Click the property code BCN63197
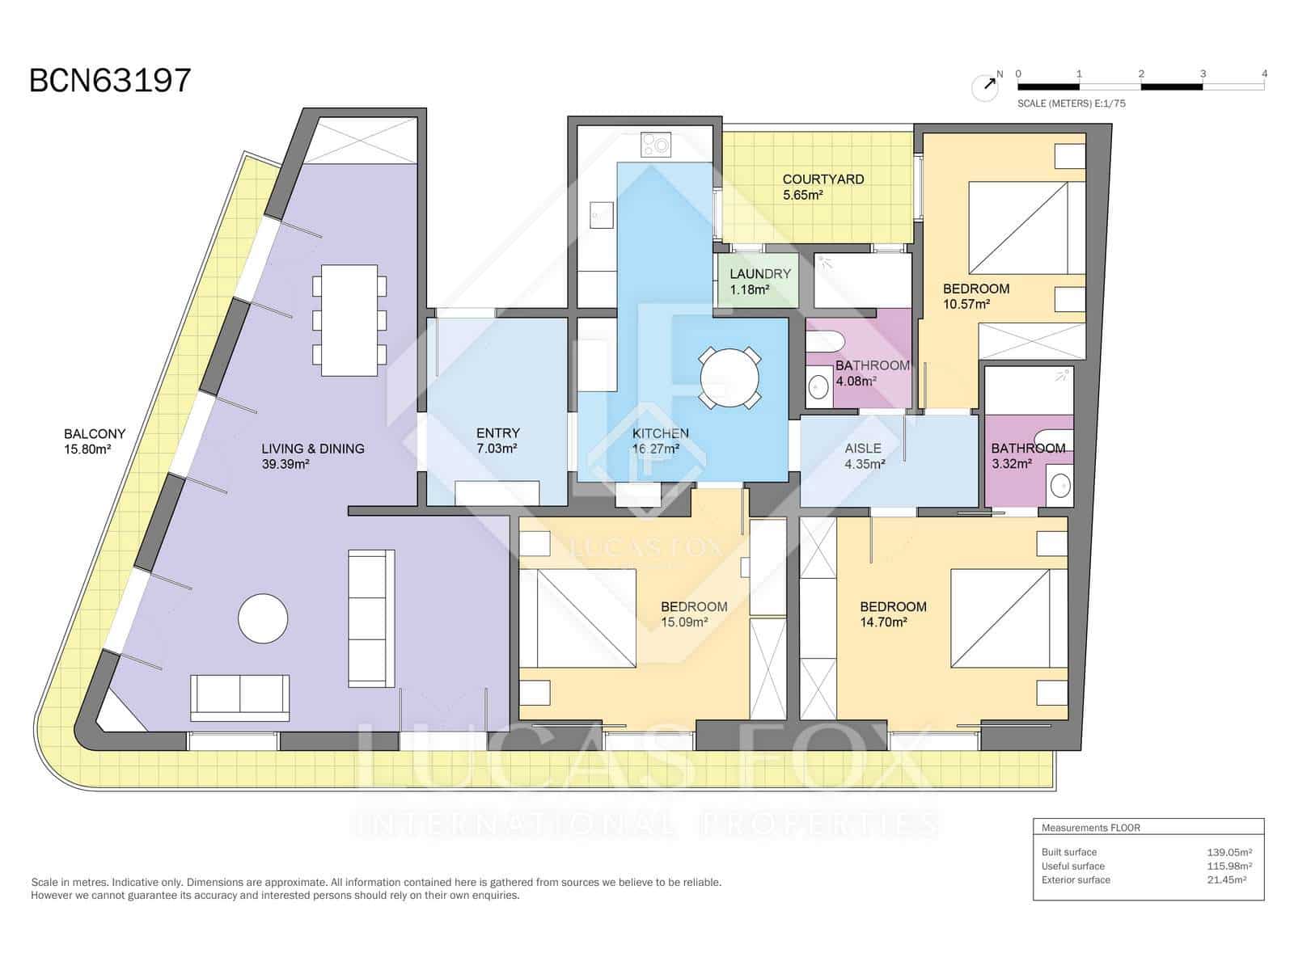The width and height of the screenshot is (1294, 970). pyautogui.click(x=110, y=81)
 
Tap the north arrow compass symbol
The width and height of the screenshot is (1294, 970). pyautogui.click(x=985, y=87)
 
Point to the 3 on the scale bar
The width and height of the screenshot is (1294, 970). pyautogui.click(x=1203, y=74)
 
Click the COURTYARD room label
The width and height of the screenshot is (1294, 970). pyautogui.click(x=822, y=179)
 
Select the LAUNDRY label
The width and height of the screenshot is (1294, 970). pyautogui.click(x=759, y=274)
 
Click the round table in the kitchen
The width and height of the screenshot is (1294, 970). pyautogui.click(x=729, y=377)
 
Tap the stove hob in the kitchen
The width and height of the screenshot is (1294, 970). pyautogui.click(x=655, y=145)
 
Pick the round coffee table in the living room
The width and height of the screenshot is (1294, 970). pyautogui.click(x=263, y=618)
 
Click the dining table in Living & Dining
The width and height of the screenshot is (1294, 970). pyautogui.click(x=349, y=320)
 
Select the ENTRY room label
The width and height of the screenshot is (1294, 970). pyautogui.click(x=497, y=433)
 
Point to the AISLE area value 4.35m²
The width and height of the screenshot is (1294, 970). pyautogui.click(x=864, y=464)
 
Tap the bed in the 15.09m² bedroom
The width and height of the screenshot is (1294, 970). pyautogui.click(x=577, y=618)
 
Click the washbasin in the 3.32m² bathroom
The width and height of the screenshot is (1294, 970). pyautogui.click(x=1059, y=486)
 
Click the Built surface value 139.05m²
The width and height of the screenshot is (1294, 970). pyautogui.click(x=1228, y=852)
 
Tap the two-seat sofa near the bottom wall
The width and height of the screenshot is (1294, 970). pyautogui.click(x=239, y=697)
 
